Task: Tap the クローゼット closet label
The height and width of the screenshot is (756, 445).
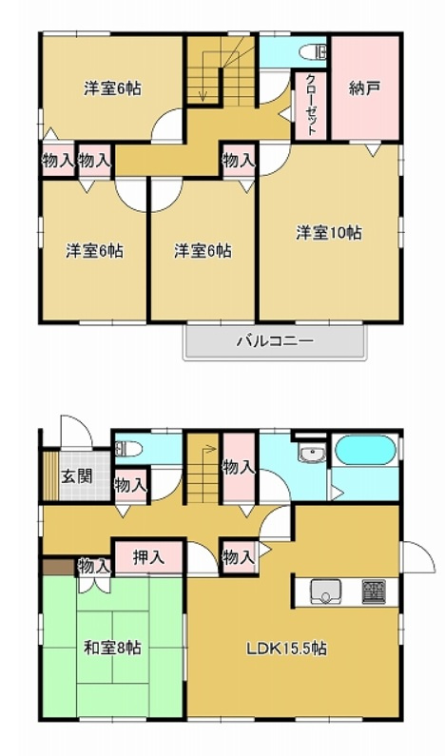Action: click(311, 104)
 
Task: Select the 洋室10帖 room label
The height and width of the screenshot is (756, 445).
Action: click(327, 231)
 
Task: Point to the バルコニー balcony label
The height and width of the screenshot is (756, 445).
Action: click(274, 340)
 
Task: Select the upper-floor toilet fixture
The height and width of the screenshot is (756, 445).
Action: click(311, 52)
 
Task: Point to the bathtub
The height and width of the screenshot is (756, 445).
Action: click(364, 451)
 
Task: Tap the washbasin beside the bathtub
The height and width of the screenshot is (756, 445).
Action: click(310, 454)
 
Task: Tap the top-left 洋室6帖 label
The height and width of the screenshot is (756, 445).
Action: click(112, 88)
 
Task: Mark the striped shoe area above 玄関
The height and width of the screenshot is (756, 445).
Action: click(50, 475)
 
